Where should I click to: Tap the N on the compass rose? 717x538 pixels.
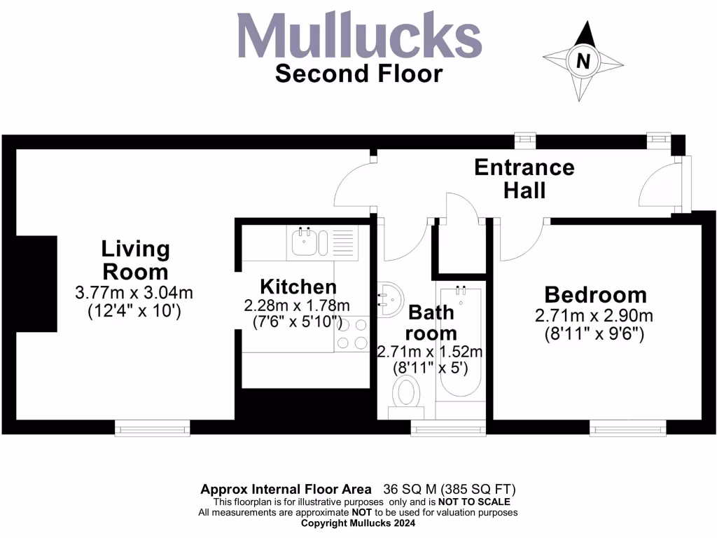(583, 61)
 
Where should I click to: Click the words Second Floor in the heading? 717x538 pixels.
(358, 74)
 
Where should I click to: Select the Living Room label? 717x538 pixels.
(135, 260)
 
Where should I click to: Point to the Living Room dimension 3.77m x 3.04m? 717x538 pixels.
(134, 293)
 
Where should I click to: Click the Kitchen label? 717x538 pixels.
(298, 287)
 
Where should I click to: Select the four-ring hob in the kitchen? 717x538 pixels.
(352, 333)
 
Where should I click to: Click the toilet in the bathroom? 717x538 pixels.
(406, 392)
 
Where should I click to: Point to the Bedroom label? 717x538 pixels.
(595, 295)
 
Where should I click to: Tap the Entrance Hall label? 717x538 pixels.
(524, 179)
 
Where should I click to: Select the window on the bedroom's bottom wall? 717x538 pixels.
(627, 427)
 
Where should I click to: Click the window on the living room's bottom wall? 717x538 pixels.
(153, 427)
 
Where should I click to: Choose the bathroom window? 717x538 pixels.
(448, 427)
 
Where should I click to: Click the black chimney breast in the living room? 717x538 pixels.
(36, 284)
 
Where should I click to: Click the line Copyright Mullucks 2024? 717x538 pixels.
(358, 523)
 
